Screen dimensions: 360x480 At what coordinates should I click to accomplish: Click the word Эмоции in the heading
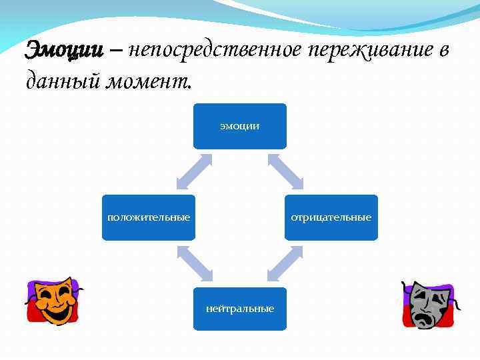(x=64, y=49)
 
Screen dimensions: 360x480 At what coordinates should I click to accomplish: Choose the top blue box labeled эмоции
(x=240, y=126)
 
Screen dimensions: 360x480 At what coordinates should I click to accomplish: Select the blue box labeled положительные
(x=149, y=217)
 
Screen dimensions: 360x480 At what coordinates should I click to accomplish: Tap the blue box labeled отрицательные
(x=331, y=217)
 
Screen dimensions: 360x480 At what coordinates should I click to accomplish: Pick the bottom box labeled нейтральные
(x=240, y=309)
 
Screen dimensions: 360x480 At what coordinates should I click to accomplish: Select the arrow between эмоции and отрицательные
(x=285, y=172)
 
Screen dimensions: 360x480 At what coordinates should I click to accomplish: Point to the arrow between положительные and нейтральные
(x=195, y=263)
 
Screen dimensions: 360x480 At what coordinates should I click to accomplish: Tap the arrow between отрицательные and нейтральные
(x=285, y=263)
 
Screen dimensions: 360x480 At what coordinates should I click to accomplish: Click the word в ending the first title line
(x=444, y=51)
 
